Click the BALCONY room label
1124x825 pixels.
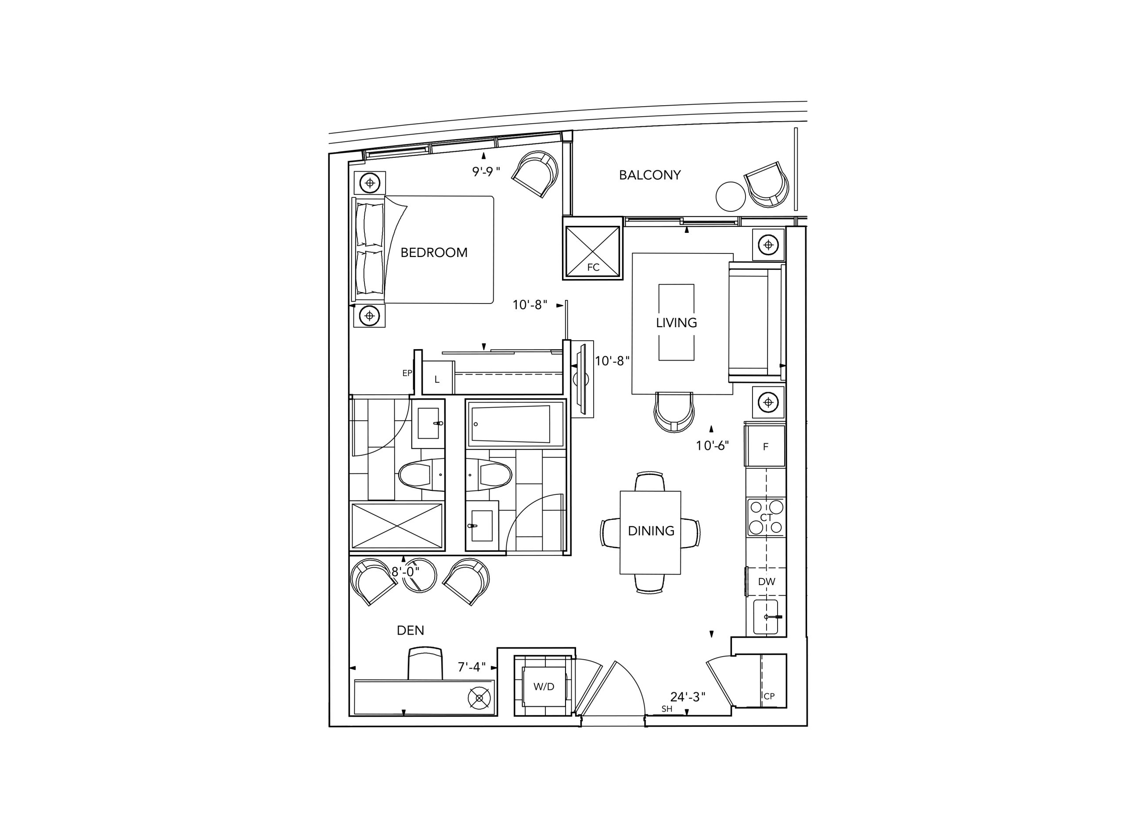(x=649, y=175)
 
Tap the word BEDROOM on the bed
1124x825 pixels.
(x=434, y=253)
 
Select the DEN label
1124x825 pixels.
(x=411, y=630)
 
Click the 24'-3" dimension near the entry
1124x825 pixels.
(x=688, y=696)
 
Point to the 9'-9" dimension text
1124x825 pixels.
(x=486, y=172)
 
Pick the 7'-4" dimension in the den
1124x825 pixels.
(x=471, y=667)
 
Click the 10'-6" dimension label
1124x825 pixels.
(x=712, y=446)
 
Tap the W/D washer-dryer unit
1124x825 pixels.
(x=544, y=687)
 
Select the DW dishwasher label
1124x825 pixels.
(x=766, y=582)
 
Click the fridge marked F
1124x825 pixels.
(x=765, y=446)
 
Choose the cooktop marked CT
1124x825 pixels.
(x=766, y=518)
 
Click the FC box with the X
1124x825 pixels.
(x=593, y=249)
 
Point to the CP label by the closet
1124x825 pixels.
(x=769, y=696)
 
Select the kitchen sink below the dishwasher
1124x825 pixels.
(x=766, y=617)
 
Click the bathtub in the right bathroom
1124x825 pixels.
(x=515, y=424)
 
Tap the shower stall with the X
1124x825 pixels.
(x=397, y=526)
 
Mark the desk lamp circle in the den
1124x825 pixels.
(x=479, y=698)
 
